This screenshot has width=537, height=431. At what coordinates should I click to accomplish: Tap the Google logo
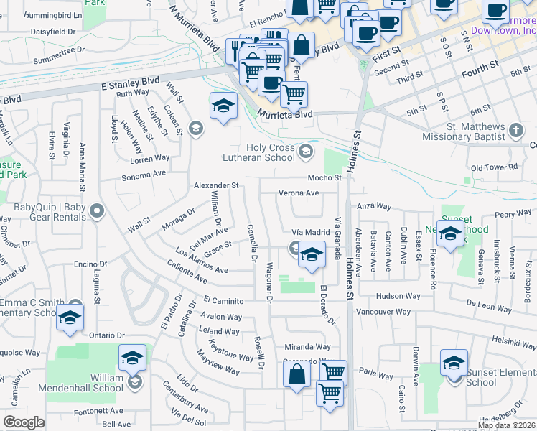pos(24,422)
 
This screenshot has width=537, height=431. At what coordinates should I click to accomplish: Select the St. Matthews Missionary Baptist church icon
pos(516,131)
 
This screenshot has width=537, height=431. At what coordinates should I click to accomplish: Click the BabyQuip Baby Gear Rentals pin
pos(98,212)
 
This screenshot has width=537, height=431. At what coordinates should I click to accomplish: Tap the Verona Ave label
pos(298,193)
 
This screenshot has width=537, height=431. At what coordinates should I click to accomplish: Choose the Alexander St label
pos(216,185)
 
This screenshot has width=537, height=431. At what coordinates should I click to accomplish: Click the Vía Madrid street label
pos(310,233)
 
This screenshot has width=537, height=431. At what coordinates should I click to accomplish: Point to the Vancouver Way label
pos(383,312)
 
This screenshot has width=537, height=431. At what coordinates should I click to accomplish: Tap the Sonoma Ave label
pos(144,175)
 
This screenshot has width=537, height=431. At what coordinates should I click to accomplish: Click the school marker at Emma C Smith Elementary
pos(70,318)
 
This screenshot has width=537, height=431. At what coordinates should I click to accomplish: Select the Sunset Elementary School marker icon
pos(454,363)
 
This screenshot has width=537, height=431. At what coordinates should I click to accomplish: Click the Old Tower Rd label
pos(494,167)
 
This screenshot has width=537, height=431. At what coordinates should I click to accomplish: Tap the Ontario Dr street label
pos(108,335)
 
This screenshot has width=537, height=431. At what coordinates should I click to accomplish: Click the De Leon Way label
pos(489,304)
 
